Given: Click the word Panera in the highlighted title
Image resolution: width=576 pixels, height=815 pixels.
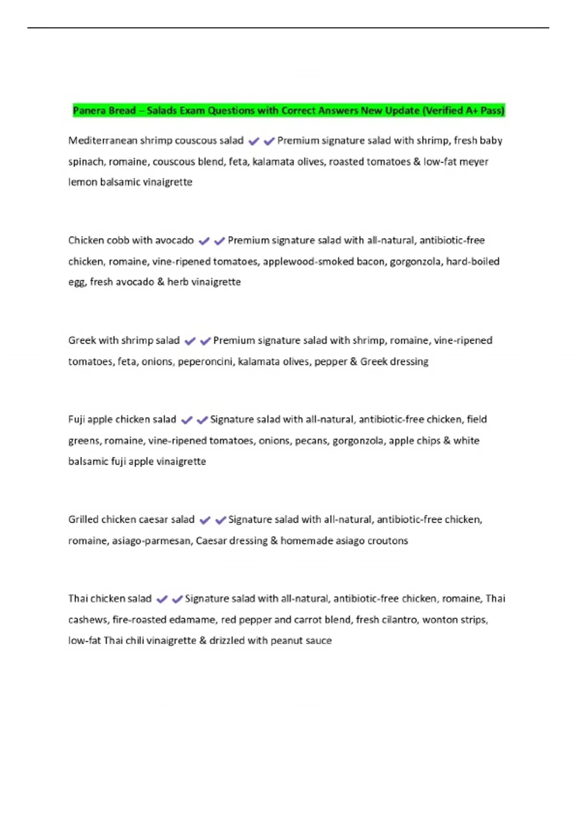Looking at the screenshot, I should (x=89, y=111).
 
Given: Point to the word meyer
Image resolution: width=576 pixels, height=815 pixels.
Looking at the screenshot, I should (x=474, y=162).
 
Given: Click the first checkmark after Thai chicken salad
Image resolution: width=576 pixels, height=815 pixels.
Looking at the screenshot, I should (x=162, y=599).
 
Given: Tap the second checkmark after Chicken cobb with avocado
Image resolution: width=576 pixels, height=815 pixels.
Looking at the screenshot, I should (x=219, y=241).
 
